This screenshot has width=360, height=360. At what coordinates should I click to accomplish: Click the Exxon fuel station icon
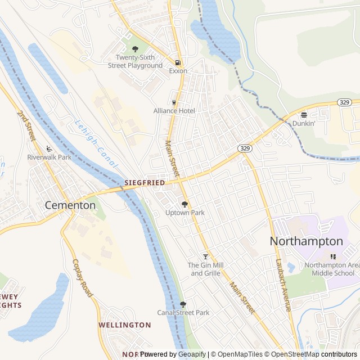pyautogui.click(x=178, y=62)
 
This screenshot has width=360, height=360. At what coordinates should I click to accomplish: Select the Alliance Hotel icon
pyautogui.click(x=174, y=102)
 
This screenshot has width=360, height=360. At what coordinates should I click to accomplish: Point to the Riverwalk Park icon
pyautogui.click(x=49, y=148)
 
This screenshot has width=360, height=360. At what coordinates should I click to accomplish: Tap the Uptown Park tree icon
pyautogui.click(x=184, y=204)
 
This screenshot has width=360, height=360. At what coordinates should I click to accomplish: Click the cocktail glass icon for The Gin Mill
pyautogui.click(x=205, y=256)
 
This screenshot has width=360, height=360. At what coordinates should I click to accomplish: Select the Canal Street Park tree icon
pyautogui.click(x=183, y=304)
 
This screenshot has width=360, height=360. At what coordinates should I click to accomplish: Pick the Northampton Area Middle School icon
pyautogui.click(x=333, y=256)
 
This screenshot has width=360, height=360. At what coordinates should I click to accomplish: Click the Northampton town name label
pyautogui.click(x=307, y=241)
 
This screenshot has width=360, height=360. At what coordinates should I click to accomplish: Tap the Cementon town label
pyautogui.click(x=70, y=205)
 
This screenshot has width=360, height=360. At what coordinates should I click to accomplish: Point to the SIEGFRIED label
pyautogui.click(x=145, y=183)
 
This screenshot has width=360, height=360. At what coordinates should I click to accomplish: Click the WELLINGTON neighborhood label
pyautogui.click(x=124, y=325)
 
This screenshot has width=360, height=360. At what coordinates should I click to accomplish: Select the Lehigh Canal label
pyautogui.click(x=96, y=144)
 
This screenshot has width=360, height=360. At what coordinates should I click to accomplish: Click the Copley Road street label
pyautogui.click(x=82, y=278)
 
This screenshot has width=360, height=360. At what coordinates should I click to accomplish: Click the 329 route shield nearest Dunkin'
pyautogui.click(x=344, y=102)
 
